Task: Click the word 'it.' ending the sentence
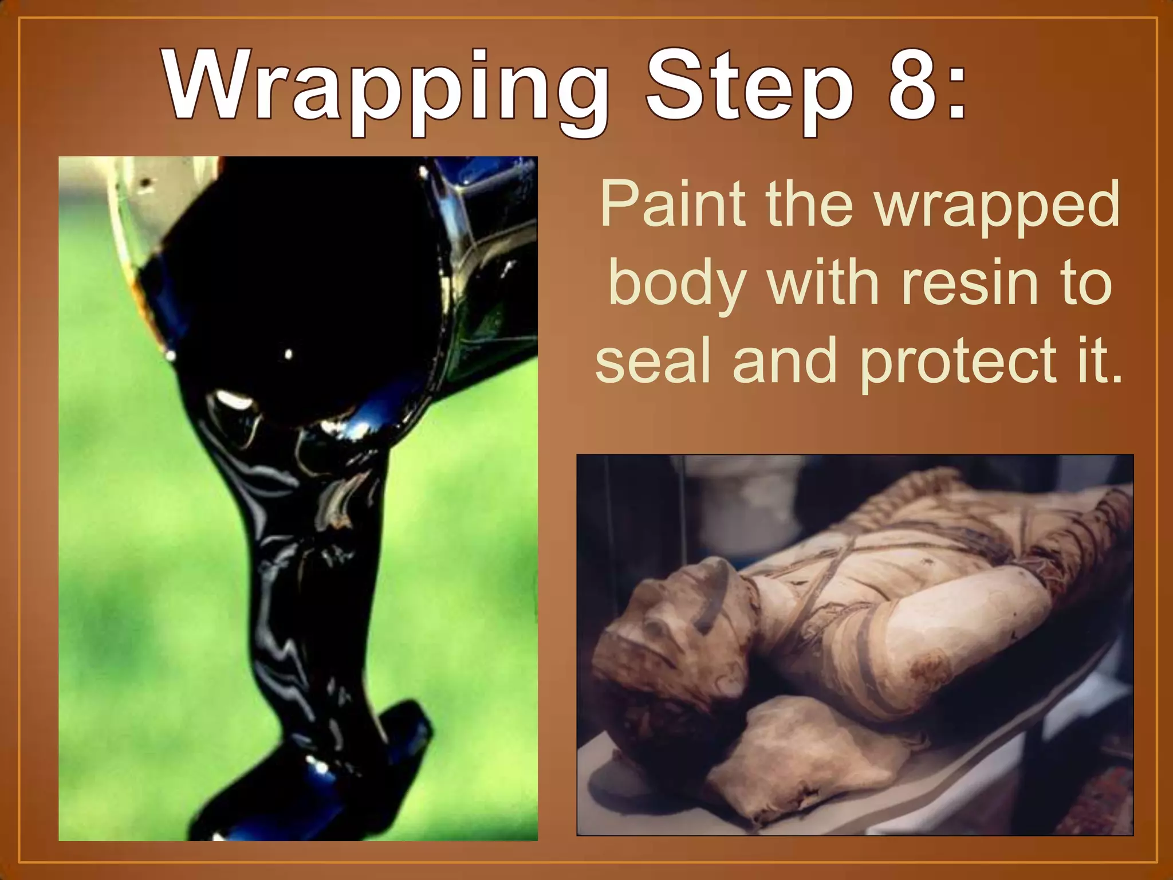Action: point(1097,361)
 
